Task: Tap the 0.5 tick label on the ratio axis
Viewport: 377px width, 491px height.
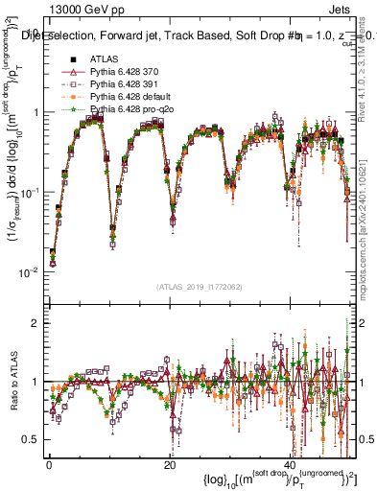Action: [31, 440]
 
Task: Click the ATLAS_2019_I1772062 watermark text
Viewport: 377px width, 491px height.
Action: [200, 287]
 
